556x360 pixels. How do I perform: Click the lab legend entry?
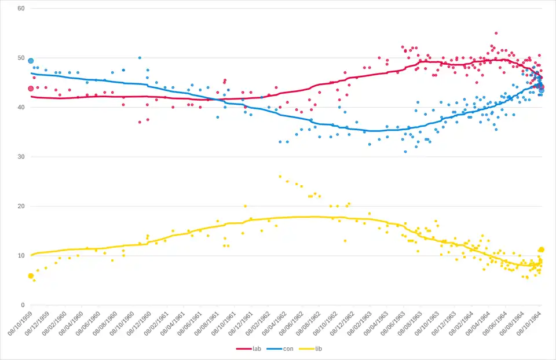coord(253,348)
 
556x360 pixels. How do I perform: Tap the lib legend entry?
coord(307,348)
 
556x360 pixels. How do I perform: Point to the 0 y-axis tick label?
coord(22,305)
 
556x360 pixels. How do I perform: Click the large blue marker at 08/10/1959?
coord(31,61)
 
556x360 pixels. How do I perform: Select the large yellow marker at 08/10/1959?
coord(31,276)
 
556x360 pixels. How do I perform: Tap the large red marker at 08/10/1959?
coord(31,89)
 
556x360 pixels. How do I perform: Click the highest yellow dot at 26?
coord(280,177)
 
